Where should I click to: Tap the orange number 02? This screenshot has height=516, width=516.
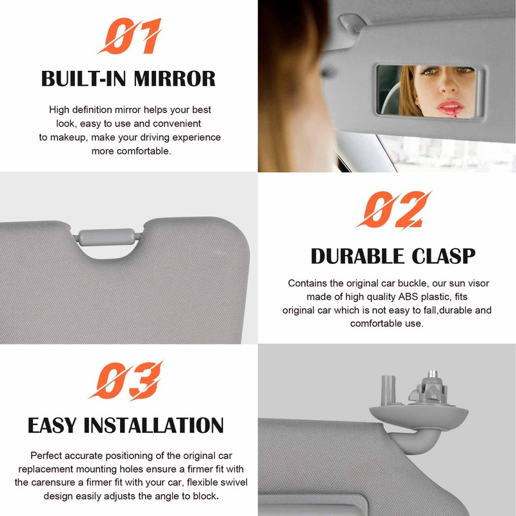[393, 210]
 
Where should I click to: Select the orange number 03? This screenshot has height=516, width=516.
[126, 381]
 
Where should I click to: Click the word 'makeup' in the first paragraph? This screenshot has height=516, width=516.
[66, 137]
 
